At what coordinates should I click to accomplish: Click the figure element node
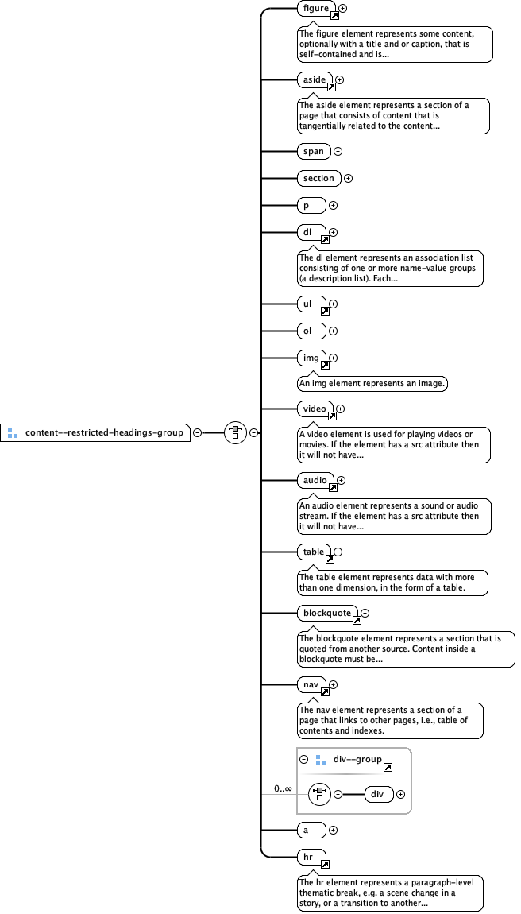[315, 9]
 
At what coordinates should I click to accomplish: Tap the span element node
[313, 151]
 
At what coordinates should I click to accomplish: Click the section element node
[318, 178]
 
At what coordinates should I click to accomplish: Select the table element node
[313, 552]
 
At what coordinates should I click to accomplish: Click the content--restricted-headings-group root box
[95, 433]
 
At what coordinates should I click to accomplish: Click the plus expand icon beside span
[338, 151]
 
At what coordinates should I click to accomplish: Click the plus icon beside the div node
[400, 794]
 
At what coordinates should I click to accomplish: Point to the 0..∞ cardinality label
[283, 788]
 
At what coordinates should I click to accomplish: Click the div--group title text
[357, 760]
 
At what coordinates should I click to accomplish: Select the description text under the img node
[372, 384]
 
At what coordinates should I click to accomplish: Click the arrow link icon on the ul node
[324, 312]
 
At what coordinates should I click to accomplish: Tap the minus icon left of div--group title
[304, 760]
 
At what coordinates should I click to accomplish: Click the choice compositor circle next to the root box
[235, 433]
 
